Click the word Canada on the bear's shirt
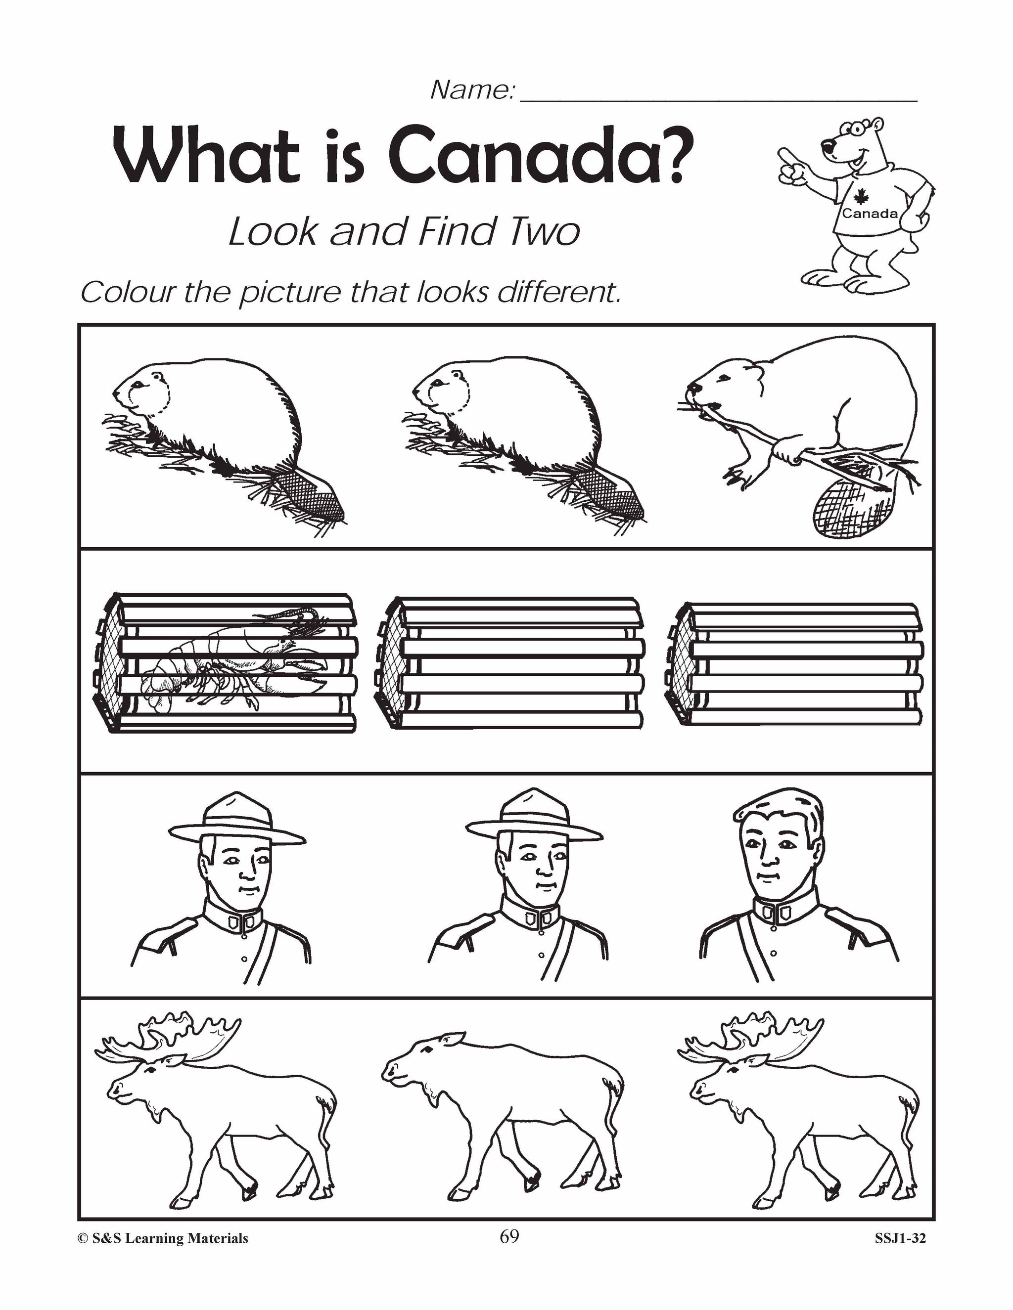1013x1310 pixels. (870, 214)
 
